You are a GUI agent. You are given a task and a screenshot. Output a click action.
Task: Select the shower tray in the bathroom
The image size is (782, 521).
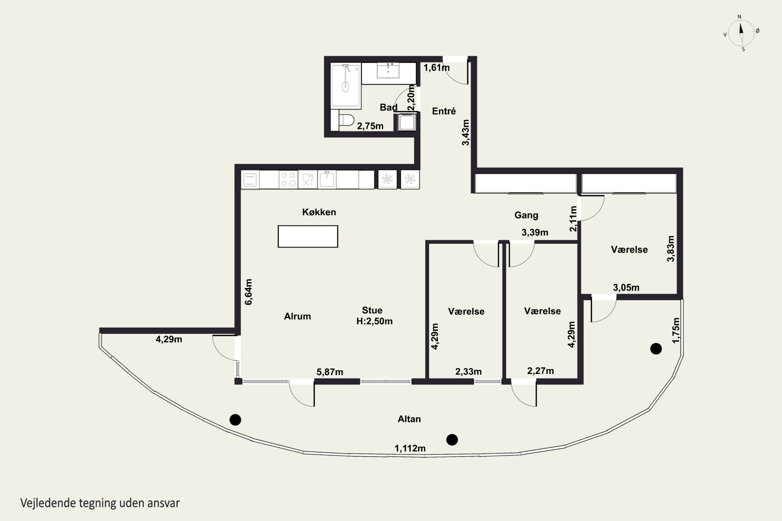point(346,85)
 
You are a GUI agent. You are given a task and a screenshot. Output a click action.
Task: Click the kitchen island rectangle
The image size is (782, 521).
point(308,236)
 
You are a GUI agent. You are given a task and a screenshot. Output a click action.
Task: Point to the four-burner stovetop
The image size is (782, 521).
point(288,179)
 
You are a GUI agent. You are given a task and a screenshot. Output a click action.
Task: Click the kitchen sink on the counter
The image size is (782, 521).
point(327,179)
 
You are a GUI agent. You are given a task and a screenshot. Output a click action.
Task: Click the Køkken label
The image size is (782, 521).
point(319,212)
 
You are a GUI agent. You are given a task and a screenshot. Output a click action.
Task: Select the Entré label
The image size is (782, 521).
point(444,111)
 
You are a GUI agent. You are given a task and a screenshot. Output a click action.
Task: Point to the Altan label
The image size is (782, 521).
point(409,419)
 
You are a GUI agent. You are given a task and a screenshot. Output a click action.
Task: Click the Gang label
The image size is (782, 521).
point(526,215)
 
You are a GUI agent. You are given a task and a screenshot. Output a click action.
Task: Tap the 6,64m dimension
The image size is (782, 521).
point(248,292)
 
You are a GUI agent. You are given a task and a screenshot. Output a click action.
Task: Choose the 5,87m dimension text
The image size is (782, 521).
point(330,372)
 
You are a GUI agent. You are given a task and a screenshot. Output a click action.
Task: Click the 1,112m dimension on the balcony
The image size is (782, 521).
point(410,448)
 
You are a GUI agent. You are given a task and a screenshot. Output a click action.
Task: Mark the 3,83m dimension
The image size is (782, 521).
point(671,249)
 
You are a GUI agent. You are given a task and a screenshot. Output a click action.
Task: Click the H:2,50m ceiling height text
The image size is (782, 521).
point(374,321)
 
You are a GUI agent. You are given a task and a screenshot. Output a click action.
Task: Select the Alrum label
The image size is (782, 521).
point(297,316)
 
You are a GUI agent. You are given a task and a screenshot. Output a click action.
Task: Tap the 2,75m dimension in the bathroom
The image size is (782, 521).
point(370,126)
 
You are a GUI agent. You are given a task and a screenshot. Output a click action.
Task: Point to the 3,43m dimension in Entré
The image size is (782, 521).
point(466,132)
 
